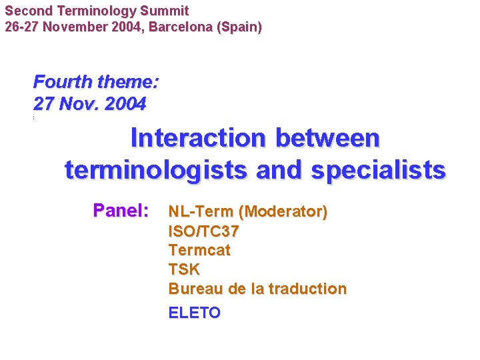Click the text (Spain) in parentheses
point(243,27)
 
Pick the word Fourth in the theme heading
point(63,82)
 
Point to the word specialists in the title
point(378,170)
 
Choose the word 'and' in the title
point(279,170)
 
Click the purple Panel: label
point(121,211)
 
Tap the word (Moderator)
point(283,212)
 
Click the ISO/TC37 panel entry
point(204,231)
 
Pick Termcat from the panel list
point(199,251)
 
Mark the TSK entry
point(184,269)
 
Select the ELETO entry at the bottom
point(194,313)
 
